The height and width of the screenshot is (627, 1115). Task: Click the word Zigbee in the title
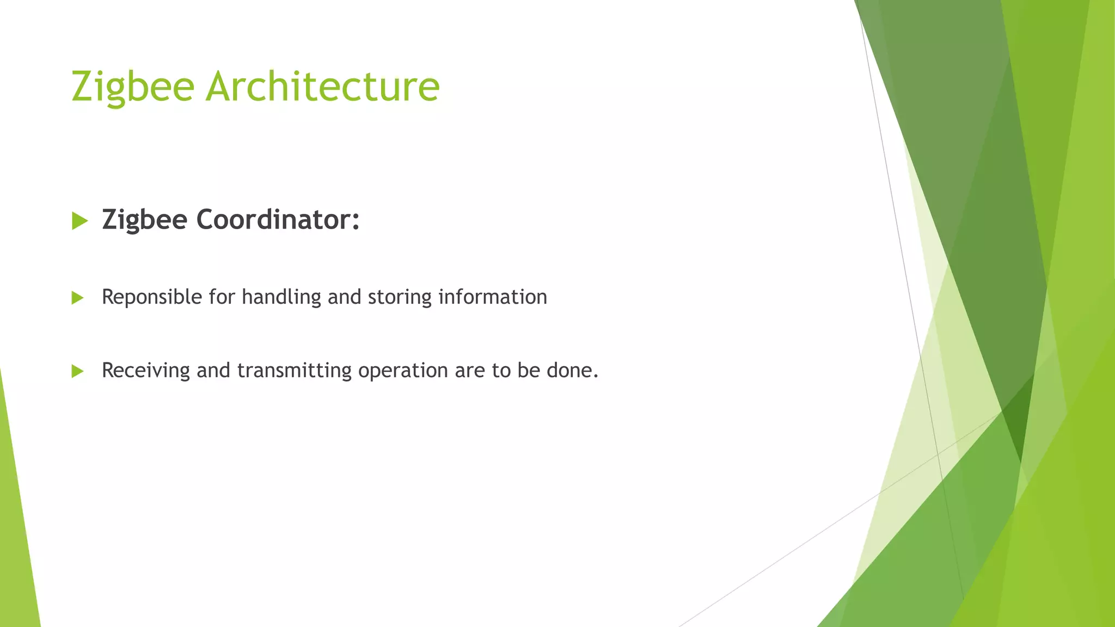click(133, 87)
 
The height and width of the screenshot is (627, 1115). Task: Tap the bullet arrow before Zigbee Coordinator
click(79, 221)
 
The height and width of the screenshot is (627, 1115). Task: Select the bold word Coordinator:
click(278, 220)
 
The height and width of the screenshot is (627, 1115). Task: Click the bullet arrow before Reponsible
click(77, 298)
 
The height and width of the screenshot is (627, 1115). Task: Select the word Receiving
click(146, 371)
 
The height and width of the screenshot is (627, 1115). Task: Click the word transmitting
click(295, 371)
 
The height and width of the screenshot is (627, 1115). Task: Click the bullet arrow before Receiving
click(77, 371)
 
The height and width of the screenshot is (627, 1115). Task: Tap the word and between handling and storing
click(344, 297)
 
